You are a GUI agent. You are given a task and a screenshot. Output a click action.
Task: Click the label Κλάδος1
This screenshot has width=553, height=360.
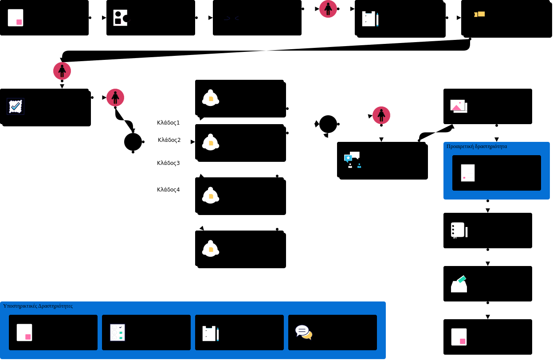point(169,123)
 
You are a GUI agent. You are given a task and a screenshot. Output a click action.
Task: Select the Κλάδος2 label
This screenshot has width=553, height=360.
point(169,140)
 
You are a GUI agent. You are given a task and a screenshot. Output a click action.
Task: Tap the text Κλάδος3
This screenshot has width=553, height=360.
point(169,163)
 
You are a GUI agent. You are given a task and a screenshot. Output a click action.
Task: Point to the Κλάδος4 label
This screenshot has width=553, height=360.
point(169,190)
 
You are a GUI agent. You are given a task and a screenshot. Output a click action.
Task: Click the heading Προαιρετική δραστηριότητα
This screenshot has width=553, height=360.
point(477,146)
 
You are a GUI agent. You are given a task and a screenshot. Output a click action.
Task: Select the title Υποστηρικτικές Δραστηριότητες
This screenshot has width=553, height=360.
point(38,306)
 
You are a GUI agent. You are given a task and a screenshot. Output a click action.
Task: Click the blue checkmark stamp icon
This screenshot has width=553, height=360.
point(16,106)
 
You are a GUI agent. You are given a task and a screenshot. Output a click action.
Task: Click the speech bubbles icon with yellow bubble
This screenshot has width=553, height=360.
point(304,332)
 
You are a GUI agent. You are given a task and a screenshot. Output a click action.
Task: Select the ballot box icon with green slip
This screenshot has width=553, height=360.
point(459,284)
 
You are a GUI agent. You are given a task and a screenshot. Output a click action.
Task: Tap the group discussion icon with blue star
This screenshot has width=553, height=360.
point(353,160)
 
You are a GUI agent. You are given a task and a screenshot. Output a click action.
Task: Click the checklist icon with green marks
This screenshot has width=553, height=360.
point(118,333)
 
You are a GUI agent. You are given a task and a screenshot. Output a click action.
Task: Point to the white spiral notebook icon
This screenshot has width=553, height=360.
point(459,231)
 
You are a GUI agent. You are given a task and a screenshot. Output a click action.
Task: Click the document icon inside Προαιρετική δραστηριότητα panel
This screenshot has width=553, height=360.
point(468,173)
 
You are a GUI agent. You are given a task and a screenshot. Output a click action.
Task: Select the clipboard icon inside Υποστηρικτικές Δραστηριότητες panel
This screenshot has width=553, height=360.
point(210,333)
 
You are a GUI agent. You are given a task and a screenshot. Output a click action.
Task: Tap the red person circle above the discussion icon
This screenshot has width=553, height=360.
point(381,115)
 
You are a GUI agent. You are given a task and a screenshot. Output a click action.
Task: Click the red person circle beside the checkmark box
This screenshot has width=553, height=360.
point(115,98)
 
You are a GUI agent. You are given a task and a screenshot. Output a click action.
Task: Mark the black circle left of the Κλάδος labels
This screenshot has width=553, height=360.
point(133,142)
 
